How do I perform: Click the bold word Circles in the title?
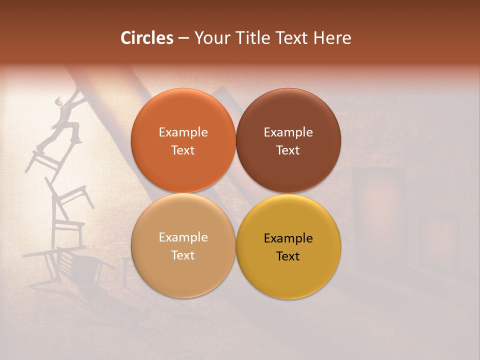(x=147, y=38)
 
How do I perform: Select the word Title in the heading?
(x=250, y=38)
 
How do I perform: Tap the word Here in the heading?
(x=332, y=38)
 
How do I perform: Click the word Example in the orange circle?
(x=183, y=132)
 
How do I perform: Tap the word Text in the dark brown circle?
(x=288, y=150)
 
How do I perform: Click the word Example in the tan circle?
(x=183, y=237)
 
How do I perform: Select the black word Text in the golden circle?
(x=288, y=256)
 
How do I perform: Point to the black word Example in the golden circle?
(x=288, y=238)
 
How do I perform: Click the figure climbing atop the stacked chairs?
(x=67, y=117)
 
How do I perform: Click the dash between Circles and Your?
(x=183, y=38)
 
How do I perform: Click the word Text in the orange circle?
(x=183, y=150)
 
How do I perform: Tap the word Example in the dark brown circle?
(x=288, y=132)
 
